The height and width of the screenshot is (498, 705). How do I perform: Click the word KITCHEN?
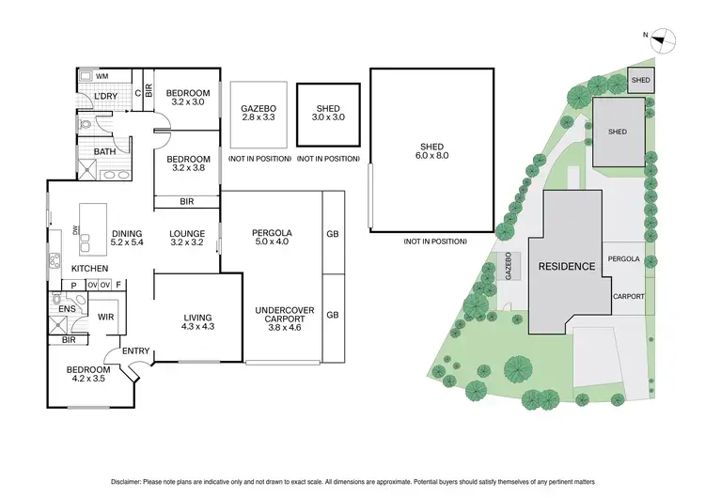click(89, 269)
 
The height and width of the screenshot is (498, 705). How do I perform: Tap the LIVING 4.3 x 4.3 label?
click(197, 322)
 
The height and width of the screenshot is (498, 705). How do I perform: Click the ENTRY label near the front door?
click(136, 351)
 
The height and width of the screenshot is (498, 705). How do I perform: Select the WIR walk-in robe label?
click(106, 318)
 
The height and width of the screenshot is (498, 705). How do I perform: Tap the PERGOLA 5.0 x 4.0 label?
click(272, 239)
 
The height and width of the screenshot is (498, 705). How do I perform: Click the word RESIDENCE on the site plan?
click(566, 266)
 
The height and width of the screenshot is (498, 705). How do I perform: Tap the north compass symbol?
click(669, 39)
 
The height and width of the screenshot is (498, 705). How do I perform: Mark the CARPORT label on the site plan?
click(628, 296)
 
